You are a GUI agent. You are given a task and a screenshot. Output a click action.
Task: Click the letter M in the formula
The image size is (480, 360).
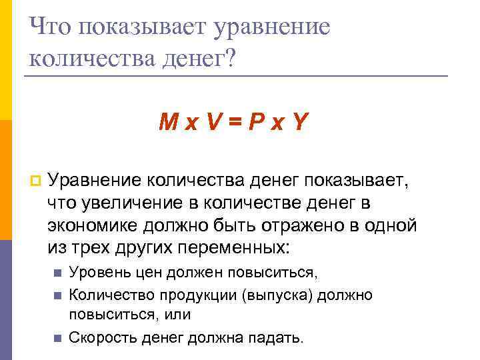pos(168,122)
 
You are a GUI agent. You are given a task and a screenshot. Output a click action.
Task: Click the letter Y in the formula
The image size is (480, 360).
pos(301,122)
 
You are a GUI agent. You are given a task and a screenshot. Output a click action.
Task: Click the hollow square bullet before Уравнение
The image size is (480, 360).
pos(35,180)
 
